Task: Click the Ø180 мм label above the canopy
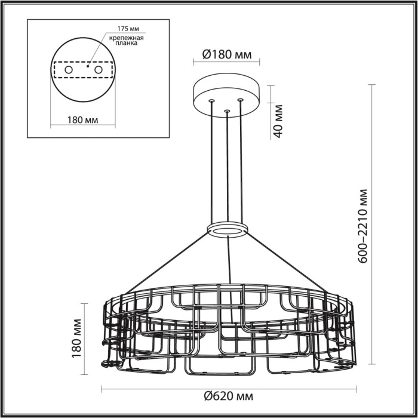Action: pyautogui.click(x=227, y=54)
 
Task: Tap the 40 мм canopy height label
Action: pyautogui.click(x=277, y=121)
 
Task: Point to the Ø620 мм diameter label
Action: pyautogui.click(x=228, y=396)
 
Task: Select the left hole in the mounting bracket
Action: pyautogui.click(x=69, y=70)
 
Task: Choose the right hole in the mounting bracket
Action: pyautogui.click(x=99, y=70)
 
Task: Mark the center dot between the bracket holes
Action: pyautogui.click(x=88, y=66)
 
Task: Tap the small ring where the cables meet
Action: pyautogui.click(x=228, y=230)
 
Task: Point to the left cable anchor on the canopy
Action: pyautogui.click(x=211, y=101)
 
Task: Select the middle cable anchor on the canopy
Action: pyautogui.click(x=226, y=110)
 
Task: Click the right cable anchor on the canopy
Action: pyautogui.click(x=241, y=100)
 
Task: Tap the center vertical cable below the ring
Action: pyautogui.click(x=228, y=263)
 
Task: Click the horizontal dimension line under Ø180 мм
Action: pyautogui.click(x=227, y=63)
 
